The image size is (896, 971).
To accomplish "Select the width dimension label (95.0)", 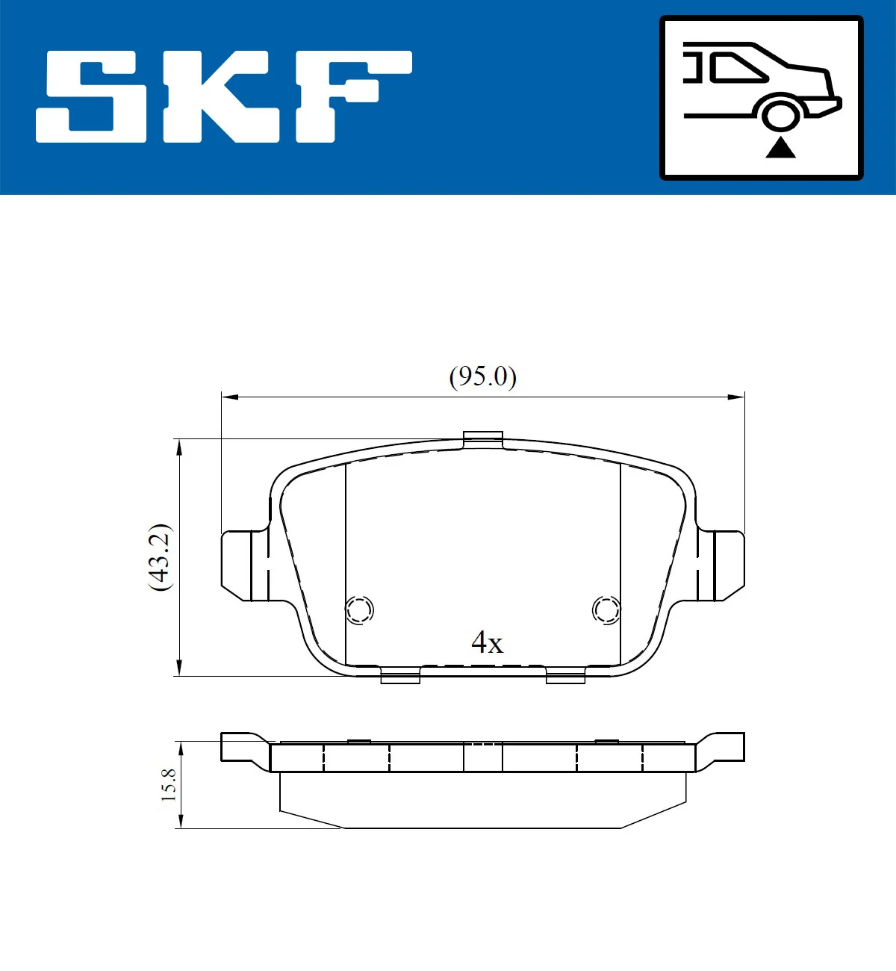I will (x=482, y=376).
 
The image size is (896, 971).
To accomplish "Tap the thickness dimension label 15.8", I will (x=169, y=785).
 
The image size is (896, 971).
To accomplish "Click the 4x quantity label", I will (x=487, y=642).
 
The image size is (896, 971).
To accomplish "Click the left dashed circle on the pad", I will (x=359, y=610).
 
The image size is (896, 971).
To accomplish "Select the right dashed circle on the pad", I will (x=606, y=610).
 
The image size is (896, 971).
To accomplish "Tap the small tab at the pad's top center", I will (x=483, y=439).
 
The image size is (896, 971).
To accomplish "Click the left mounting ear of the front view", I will (x=244, y=565).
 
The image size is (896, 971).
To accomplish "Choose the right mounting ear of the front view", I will (x=722, y=565).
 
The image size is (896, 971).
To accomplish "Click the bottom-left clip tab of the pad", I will (x=400, y=677).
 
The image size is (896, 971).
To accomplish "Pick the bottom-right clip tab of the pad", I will (x=565, y=677).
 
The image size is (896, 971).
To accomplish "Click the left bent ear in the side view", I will (x=243, y=748).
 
